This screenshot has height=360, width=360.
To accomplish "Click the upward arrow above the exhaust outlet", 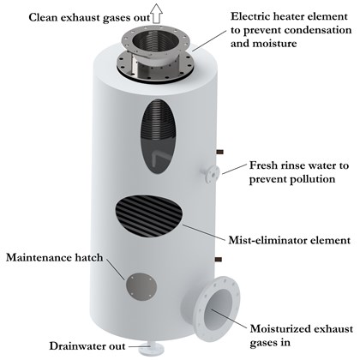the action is tap(157, 13).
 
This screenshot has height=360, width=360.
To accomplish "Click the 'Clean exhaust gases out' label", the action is tap(89, 18).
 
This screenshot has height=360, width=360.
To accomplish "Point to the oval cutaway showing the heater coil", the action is tap(158, 136).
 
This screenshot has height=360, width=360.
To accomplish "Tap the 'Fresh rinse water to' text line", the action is tap(299, 165).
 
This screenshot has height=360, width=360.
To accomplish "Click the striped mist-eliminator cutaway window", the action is tap(149, 216).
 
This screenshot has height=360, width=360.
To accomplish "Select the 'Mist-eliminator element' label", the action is tap(290, 240).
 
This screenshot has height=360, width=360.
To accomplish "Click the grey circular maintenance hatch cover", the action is tap(141, 286).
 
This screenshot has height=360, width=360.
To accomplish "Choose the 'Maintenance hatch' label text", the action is tap(55, 258).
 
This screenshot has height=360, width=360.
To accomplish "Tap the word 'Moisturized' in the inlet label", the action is tap(279, 329).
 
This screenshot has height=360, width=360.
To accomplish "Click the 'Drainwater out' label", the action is tap(87, 346).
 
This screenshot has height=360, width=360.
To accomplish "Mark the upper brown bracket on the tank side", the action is tap(219, 152).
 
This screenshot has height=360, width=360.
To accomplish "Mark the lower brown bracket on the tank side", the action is tap(219, 260).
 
